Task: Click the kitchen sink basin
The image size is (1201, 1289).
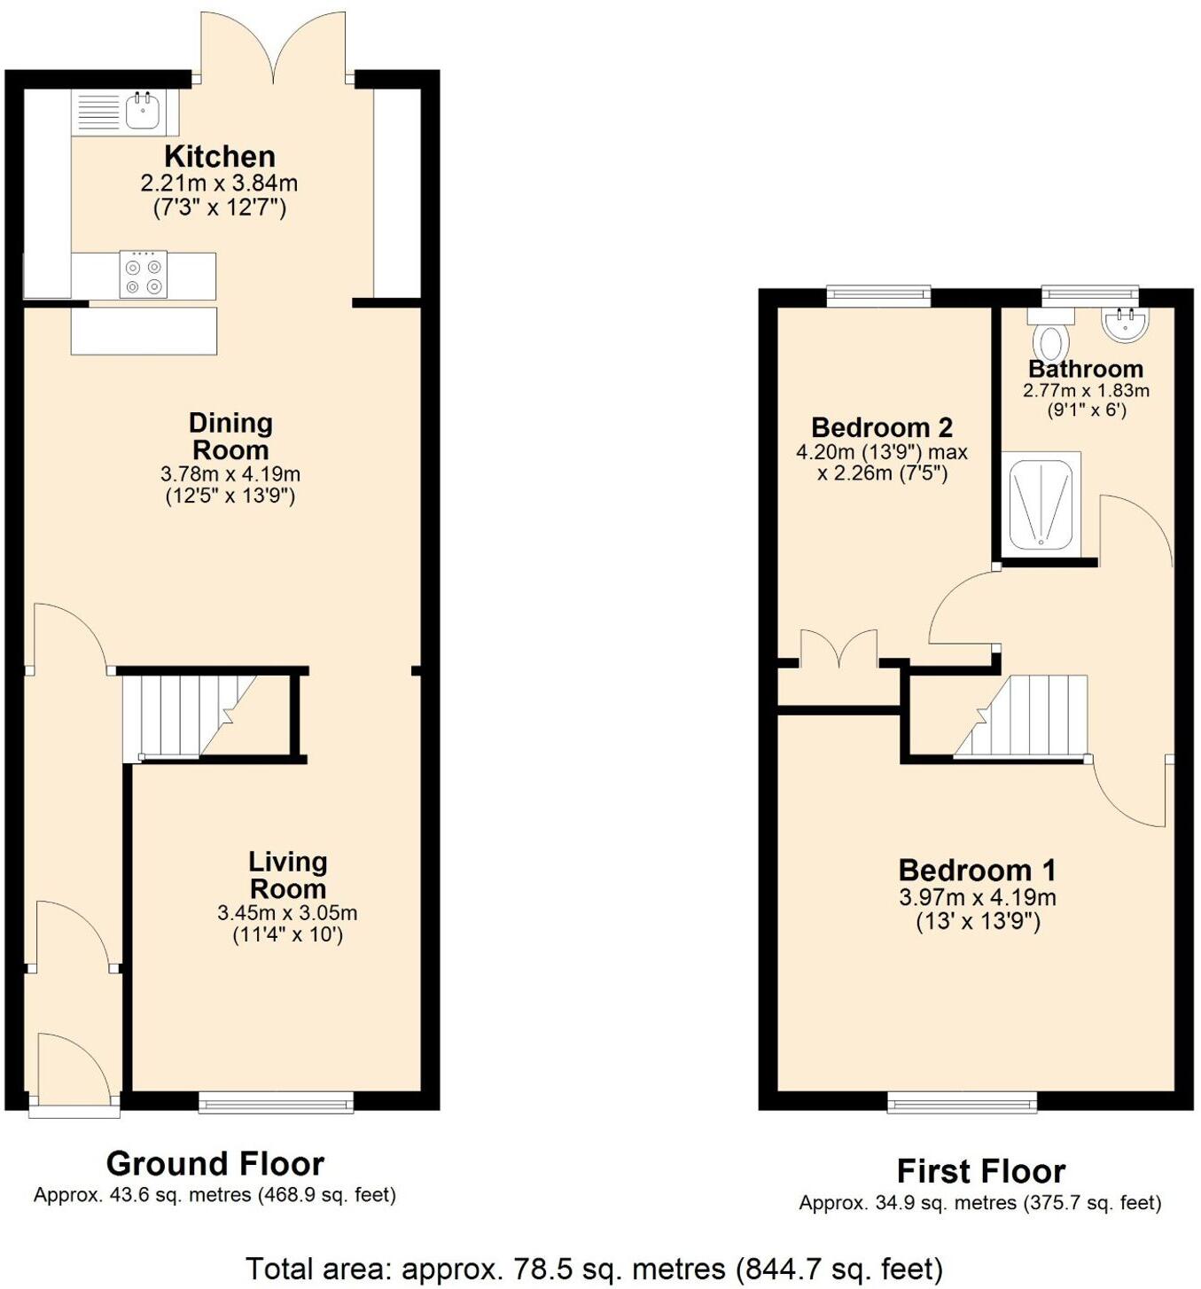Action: click(x=143, y=112)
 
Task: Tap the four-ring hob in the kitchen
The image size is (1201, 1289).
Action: click(x=143, y=275)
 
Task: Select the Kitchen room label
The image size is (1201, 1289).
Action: click(x=219, y=157)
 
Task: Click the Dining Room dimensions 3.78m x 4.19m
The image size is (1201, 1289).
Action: click(x=230, y=474)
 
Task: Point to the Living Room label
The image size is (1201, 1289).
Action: click(x=287, y=874)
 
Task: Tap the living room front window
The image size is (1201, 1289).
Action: click(x=276, y=1102)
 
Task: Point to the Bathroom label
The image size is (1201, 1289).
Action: click(x=1085, y=369)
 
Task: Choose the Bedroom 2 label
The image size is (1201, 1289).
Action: click(x=881, y=427)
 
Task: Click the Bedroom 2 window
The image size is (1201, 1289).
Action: click(x=878, y=296)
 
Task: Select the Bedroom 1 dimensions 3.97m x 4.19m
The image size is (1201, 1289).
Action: click(x=977, y=897)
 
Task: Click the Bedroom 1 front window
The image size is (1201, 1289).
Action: click(x=962, y=1102)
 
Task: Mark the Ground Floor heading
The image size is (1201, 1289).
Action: click(x=214, y=1163)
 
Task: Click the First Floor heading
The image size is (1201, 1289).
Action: click(x=980, y=1171)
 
